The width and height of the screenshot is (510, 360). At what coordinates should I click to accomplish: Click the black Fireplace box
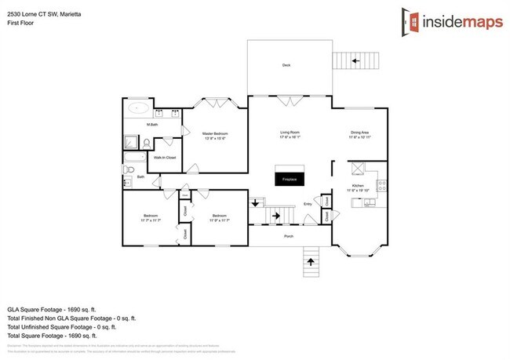click(x=290, y=178)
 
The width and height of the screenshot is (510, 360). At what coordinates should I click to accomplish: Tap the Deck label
click(x=287, y=65)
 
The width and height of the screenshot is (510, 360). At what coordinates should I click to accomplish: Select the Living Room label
click(x=290, y=133)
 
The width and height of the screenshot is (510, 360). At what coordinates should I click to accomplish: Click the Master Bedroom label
click(x=214, y=135)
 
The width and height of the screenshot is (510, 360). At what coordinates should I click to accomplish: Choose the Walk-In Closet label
click(x=165, y=158)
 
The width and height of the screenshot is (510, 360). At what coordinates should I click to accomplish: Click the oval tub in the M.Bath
click(x=139, y=110)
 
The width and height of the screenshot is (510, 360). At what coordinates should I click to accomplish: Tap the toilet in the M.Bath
click(x=147, y=144)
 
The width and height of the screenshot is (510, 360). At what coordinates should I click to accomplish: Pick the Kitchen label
click(x=359, y=187)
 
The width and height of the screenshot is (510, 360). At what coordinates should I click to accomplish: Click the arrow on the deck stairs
click(x=354, y=60)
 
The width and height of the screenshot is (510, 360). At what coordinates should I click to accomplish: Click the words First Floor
click(x=19, y=23)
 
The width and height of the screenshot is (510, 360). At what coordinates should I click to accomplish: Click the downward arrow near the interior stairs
click(x=256, y=205)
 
